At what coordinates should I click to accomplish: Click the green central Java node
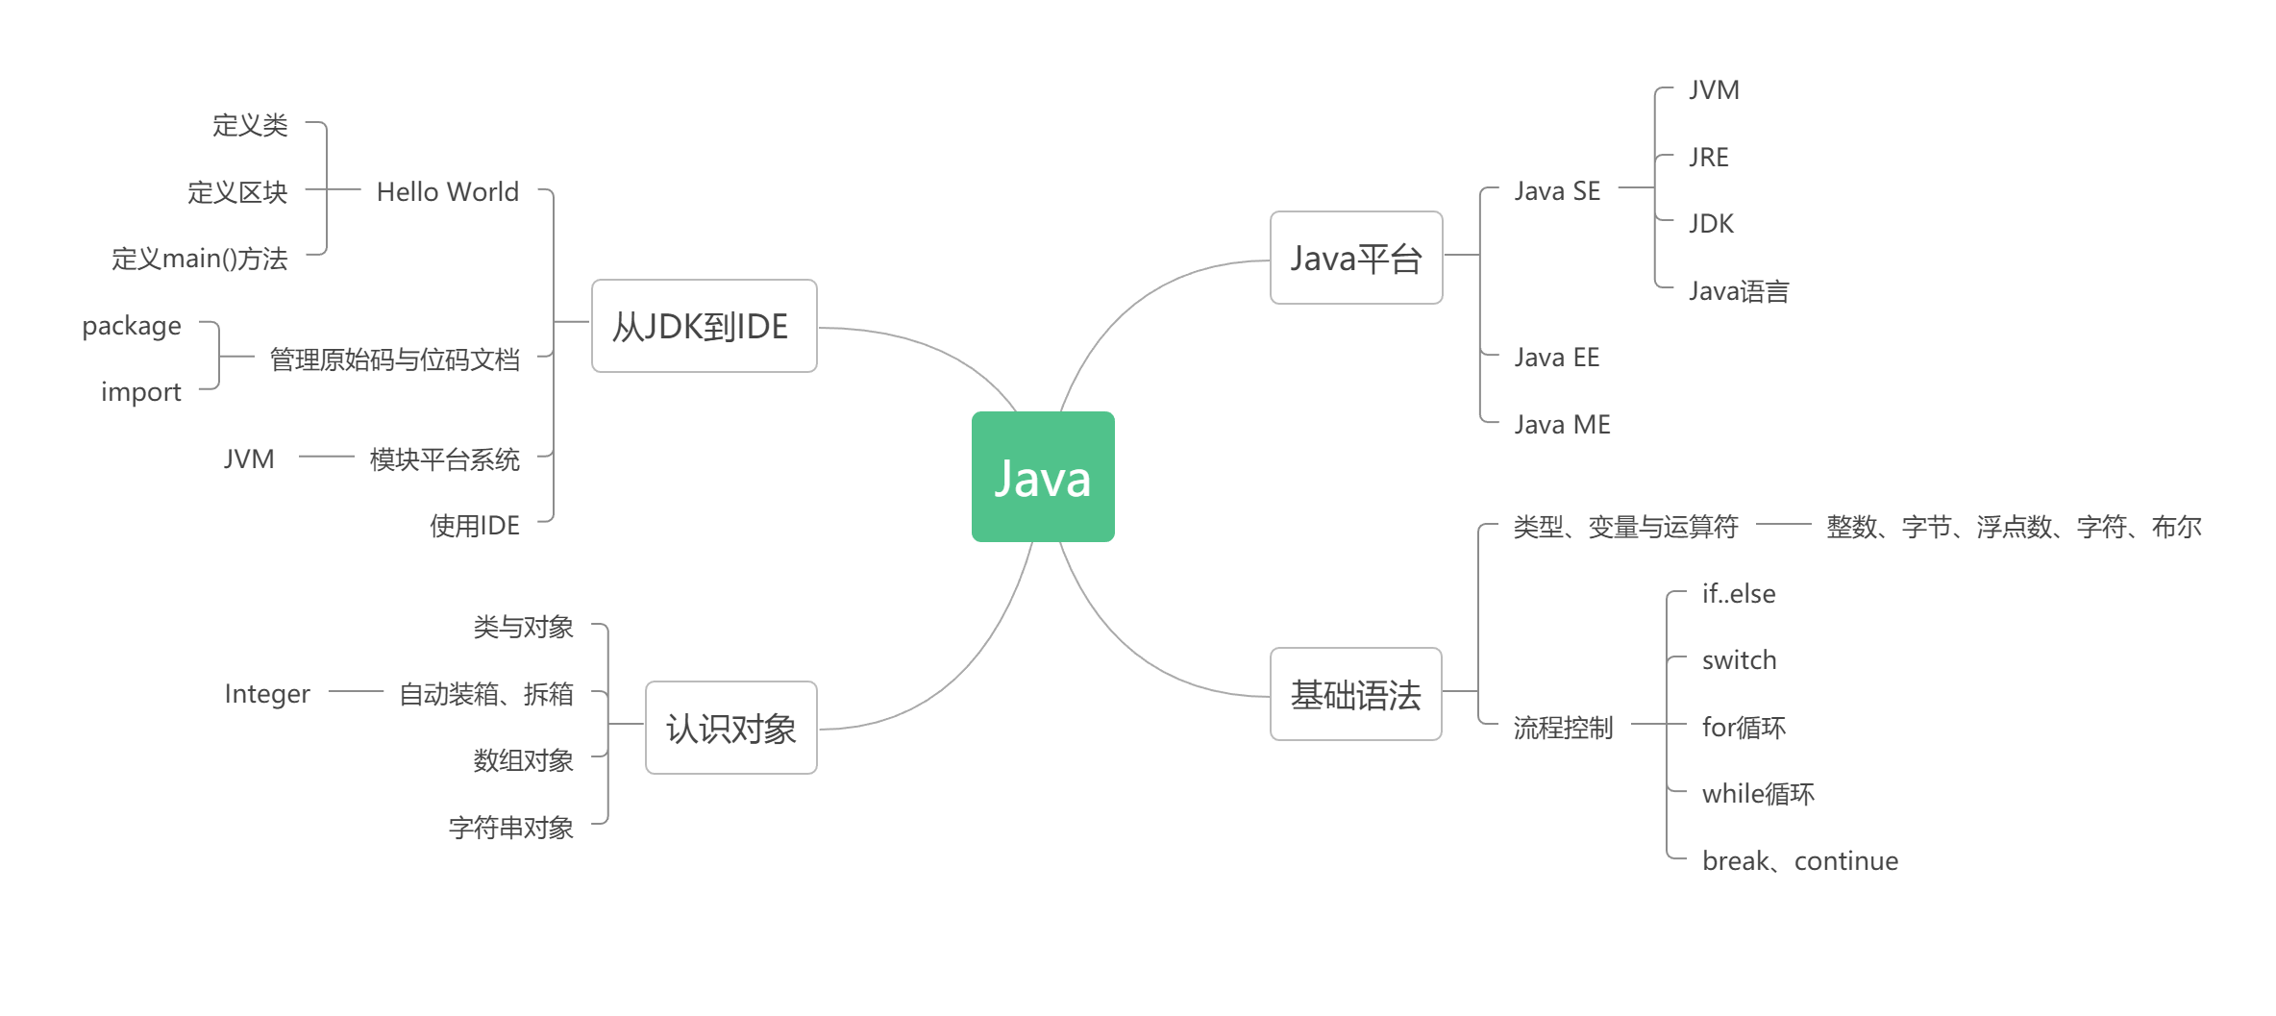(1043, 477)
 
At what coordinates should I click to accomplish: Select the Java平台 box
(1356, 258)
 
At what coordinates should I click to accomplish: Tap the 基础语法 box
(1355, 694)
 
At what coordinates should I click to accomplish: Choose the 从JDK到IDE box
(704, 326)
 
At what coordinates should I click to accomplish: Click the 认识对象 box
(730, 728)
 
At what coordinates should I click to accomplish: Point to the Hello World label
(447, 191)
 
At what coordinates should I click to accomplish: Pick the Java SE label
(1557, 190)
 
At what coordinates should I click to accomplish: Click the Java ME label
(1562, 424)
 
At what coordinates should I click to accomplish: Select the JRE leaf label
(1708, 157)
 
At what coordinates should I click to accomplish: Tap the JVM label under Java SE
(1714, 89)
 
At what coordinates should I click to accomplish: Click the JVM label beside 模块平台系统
(249, 458)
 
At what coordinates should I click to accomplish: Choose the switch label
(1739, 659)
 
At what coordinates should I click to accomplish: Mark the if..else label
(1738, 593)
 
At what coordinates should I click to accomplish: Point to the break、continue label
(1799, 860)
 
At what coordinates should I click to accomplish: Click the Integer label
(267, 693)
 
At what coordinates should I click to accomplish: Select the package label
(132, 326)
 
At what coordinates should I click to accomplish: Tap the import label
(140, 392)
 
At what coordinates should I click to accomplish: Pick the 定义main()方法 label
(199, 258)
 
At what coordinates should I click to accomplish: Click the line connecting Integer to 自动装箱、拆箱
(356, 691)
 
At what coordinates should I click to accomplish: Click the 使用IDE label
(474, 525)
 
